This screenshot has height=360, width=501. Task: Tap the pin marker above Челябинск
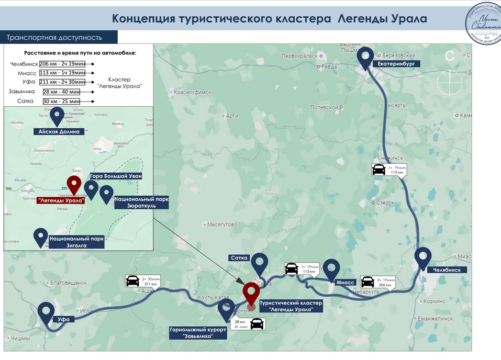click(x=423, y=257)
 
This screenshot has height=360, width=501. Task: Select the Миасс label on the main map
click(x=346, y=282)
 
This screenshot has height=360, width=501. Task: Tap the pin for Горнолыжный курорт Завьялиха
click(x=227, y=308)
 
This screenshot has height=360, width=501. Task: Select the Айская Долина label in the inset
click(x=59, y=132)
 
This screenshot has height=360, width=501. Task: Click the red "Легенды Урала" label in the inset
click(x=61, y=200)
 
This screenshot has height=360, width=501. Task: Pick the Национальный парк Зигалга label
click(x=76, y=241)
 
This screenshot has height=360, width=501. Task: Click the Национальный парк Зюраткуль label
click(x=141, y=203)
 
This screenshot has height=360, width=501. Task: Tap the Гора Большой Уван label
click(x=116, y=176)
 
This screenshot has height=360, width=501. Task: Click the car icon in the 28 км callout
click(x=257, y=323)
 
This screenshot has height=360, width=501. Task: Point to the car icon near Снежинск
click(x=378, y=170)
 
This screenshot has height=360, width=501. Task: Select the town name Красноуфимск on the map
click(x=193, y=92)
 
